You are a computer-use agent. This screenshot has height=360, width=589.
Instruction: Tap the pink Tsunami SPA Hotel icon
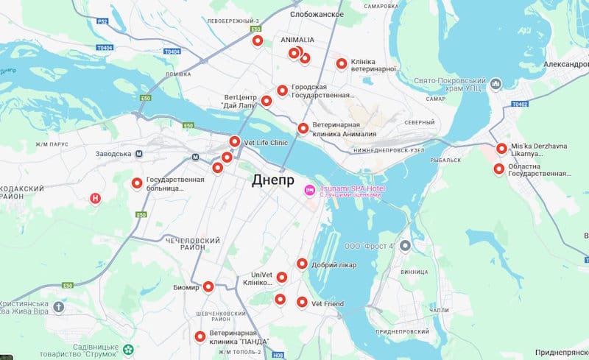click(x=311, y=191)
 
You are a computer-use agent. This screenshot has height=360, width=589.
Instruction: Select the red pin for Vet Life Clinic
click(x=234, y=141)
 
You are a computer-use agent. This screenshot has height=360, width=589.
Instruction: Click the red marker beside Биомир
click(x=208, y=287)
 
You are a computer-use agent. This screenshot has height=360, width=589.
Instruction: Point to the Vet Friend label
click(x=328, y=303)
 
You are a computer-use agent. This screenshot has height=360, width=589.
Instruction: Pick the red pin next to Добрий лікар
click(x=302, y=264)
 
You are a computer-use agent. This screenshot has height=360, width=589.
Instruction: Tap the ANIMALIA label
click(x=297, y=40)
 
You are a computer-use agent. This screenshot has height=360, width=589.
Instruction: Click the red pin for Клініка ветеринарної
click(x=342, y=64)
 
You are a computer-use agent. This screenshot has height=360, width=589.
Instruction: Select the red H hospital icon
click(x=94, y=198)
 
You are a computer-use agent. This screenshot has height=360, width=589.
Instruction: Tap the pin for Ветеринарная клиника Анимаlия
click(x=303, y=129)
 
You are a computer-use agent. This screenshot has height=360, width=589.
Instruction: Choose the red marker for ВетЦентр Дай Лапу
click(x=267, y=101)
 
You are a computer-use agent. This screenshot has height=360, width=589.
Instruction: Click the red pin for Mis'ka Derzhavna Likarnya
click(x=501, y=149)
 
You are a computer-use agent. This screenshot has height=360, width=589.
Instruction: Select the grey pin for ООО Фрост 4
click(x=404, y=246)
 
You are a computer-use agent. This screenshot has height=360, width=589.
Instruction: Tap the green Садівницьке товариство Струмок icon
click(x=129, y=349)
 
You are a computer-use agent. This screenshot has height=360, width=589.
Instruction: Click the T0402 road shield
click(x=520, y=105)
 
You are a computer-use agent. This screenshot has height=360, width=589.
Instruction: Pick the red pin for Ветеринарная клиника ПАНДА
click(x=200, y=337)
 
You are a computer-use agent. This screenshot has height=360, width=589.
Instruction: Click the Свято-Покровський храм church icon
click(x=495, y=83)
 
